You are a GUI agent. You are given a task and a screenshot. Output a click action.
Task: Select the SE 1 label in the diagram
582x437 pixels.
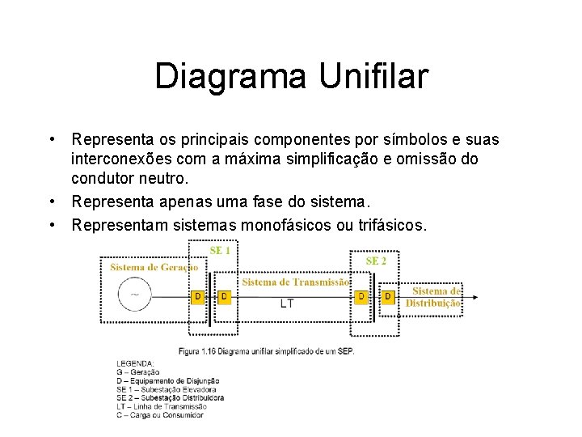(x=220, y=251)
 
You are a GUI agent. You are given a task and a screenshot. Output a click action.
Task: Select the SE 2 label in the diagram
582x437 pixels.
(x=376, y=261)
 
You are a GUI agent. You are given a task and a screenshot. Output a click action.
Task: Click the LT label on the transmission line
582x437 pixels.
(x=287, y=303)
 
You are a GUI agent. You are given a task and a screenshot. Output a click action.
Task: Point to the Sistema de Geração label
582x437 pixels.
(x=154, y=266)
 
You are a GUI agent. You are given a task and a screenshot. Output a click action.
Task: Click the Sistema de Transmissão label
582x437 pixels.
(x=295, y=282)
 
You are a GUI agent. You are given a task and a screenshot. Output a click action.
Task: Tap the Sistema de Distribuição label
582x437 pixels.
(x=433, y=297)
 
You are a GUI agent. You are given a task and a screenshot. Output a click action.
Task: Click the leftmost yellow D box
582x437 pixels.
(x=197, y=297)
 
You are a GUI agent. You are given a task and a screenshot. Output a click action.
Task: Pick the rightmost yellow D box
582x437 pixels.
(x=388, y=297)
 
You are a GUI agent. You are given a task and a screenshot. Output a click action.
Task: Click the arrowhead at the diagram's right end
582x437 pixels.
(x=474, y=297)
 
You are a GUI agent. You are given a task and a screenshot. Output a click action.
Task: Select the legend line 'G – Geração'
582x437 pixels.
(x=138, y=371)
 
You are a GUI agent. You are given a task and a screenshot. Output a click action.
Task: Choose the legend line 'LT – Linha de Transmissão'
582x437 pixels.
(x=164, y=406)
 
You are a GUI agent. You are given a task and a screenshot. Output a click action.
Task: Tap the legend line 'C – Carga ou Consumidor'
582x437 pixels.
(x=160, y=414)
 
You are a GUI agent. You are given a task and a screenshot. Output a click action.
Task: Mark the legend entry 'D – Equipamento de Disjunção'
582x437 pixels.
(x=167, y=380)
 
